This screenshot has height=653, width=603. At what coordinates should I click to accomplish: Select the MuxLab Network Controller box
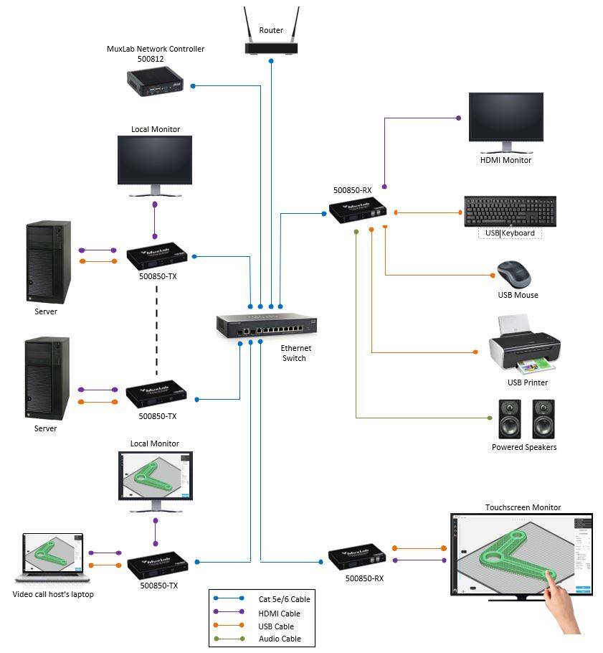(x=155, y=82)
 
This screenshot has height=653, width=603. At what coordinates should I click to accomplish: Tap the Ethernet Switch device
(x=266, y=325)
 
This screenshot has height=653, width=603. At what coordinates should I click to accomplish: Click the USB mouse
(x=514, y=274)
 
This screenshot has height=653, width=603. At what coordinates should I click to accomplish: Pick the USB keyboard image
(x=511, y=211)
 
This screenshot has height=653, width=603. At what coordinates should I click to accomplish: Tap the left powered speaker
(x=510, y=419)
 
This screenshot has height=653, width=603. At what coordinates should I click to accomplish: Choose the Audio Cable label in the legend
(x=280, y=639)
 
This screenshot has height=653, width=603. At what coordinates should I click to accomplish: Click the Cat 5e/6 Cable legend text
(x=284, y=599)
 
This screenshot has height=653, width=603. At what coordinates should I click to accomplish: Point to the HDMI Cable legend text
(x=279, y=614)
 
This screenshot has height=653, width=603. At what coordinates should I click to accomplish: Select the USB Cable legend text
(x=276, y=626)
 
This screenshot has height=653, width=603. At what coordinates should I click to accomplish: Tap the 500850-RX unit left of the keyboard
(x=358, y=210)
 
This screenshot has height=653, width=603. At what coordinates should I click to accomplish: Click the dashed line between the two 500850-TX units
(x=156, y=331)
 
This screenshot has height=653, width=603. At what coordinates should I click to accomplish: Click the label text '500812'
(x=151, y=59)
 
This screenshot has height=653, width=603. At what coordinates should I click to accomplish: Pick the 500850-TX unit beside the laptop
(x=157, y=565)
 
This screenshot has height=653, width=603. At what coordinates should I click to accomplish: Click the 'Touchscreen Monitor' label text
(x=523, y=507)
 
